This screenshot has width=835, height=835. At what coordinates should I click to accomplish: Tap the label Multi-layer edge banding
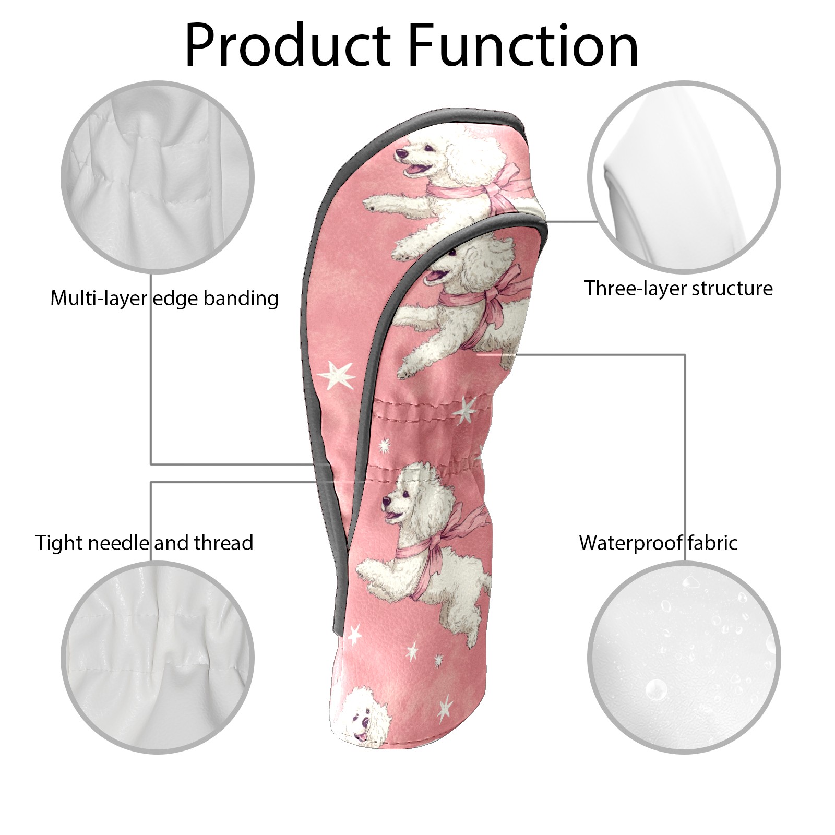(164, 299)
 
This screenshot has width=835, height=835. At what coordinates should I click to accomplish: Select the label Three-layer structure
(678, 288)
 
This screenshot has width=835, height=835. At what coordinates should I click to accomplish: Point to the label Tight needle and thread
(144, 543)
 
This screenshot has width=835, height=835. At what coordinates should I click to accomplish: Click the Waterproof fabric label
(658, 543)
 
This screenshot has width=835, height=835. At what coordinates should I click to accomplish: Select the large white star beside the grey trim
(336, 376)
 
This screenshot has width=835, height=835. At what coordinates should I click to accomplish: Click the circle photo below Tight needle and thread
(158, 658)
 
